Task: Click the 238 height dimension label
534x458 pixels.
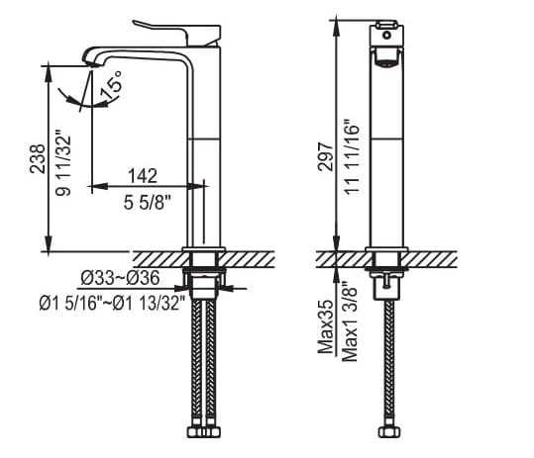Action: point(38,158)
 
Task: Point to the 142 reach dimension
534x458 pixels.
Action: point(143,176)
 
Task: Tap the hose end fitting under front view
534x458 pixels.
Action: point(386,432)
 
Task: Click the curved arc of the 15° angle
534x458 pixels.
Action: point(81,99)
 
